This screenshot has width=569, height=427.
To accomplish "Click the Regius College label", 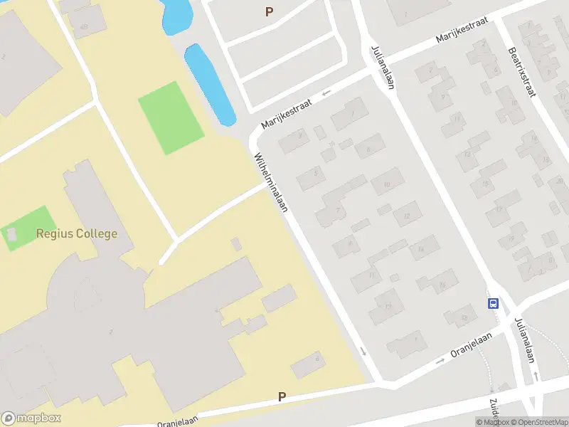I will pyautogui.click(x=77, y=233).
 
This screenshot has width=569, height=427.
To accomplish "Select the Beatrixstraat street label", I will pyautogui.click(x=522, y=71).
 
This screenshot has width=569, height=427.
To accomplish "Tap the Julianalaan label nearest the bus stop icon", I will pyautogui.click(x=524, y=340).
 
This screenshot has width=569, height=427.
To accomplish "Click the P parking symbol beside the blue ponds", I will pyautogui.click(x=269, y=11).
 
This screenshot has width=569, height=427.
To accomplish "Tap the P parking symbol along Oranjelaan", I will pyautogui.click(x=282, y=397).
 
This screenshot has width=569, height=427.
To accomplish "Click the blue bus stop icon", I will pyautogui.click(x=493, y=303).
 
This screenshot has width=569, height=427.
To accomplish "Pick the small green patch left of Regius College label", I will pyautogui.click(x=26, y=228).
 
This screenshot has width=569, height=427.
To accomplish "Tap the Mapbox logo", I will pyautogui.click(x=31, y=418).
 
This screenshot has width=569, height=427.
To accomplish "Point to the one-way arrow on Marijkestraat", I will pyautogui.click(x=327, y=93).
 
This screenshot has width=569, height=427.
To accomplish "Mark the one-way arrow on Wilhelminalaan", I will pyautogui.click(x=363, y=351).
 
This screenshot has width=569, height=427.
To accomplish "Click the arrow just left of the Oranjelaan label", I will pyautogui.click(x=440, y=359).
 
